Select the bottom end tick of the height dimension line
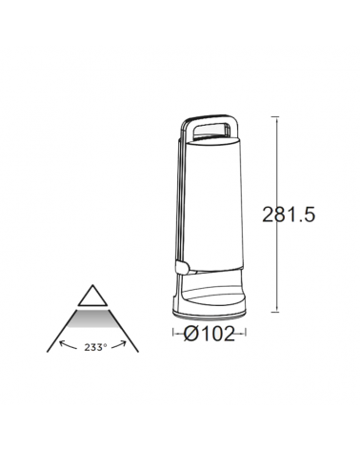276,312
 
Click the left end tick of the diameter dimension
172,334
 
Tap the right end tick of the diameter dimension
245,334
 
